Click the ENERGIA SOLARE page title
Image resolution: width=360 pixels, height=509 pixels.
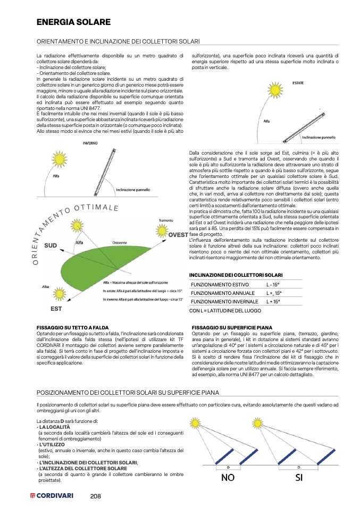[73, 22]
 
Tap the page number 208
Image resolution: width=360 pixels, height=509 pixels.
[96, 496]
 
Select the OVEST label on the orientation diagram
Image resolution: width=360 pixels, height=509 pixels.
[178, 235]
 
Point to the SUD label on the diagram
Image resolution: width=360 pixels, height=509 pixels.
[50, 246]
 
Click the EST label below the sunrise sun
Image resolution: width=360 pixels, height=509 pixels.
[56, 309]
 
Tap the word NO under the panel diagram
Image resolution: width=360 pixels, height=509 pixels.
[228, 477]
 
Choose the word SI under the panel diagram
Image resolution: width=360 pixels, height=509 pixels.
[298, 477]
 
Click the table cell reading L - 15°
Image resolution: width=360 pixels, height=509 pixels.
[273, 285]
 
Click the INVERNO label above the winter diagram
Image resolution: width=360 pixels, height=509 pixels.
[89, 143]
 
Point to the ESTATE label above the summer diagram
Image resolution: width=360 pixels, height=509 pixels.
[299, 82]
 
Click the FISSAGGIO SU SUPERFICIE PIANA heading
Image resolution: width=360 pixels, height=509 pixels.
[231, 327]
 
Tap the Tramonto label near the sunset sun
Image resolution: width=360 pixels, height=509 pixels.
[166, 219]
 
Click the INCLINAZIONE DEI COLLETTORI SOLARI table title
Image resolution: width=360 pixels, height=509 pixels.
[236, 275]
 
